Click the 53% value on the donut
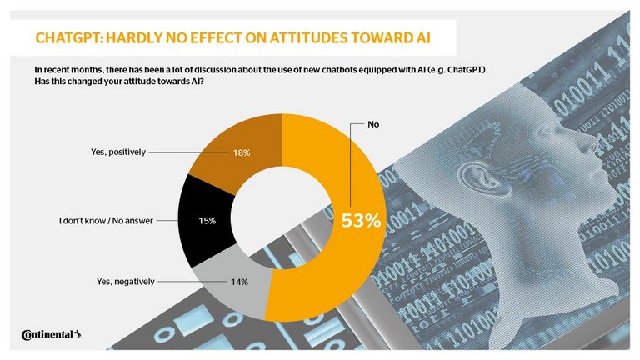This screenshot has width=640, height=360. tap(361, 221)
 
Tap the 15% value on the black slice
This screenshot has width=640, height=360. tap(207, 221)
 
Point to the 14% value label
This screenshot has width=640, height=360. tap(239, 282)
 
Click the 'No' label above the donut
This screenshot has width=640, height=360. tap(374, 125)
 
